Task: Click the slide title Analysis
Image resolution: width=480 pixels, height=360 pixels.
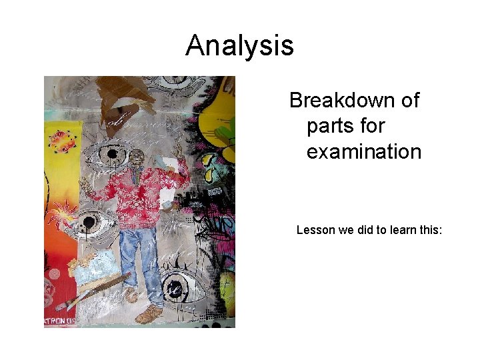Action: click(x=239, y=46)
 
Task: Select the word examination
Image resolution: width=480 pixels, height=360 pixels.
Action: click(x=364, y=151)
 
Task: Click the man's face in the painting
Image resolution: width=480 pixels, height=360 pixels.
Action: click(x=137, y=160)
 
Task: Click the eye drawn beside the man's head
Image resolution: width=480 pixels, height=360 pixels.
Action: click(x=107, y=155)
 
